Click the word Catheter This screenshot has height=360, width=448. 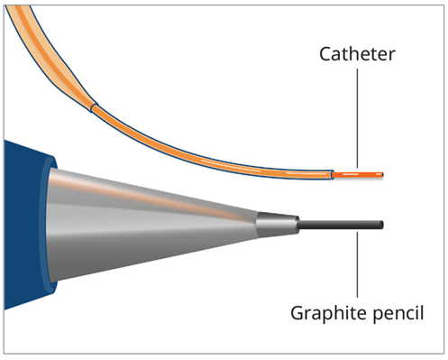click(358, 54)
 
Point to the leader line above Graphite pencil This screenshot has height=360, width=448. click(358, 262)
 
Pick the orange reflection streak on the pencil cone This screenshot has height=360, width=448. click(180, 204)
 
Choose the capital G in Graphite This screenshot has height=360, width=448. click(297, 313)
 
